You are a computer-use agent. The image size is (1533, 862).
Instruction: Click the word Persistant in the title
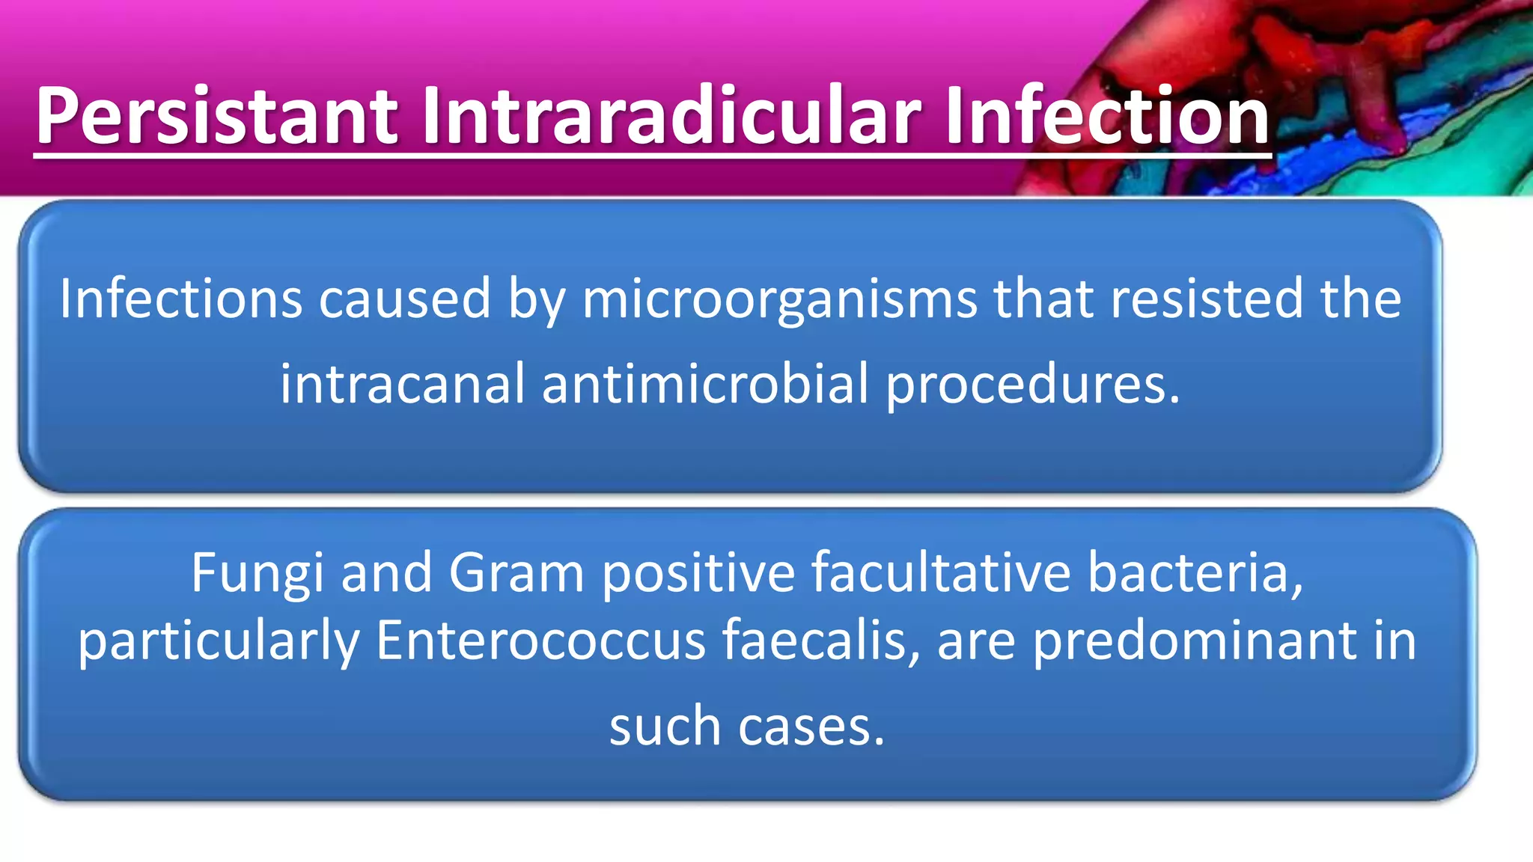coord(217,116)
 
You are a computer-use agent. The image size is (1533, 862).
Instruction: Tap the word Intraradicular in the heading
coord(670,116)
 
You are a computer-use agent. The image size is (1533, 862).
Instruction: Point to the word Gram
coord(516,573)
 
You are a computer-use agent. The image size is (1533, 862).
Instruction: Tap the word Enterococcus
coord(540,641)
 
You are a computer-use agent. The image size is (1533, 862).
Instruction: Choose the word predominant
coord(1194,641)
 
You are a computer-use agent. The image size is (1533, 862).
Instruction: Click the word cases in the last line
coord(811,727)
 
